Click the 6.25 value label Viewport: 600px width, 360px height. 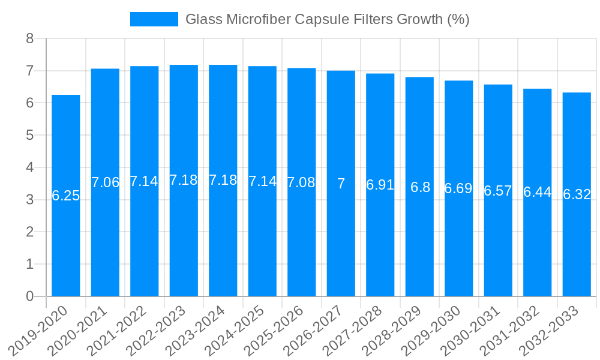pyautogui.click(x=66, y=196)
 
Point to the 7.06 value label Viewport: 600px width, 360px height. pyautogui.click(x=105, y=182)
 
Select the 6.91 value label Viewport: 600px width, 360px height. pyautogui.click(x=380, y=185)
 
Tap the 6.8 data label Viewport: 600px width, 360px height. pyautogui.click(x=420, y=187)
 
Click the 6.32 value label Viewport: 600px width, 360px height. pyautogui.click(x=577, y=194)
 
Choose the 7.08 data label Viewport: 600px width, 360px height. pyautogui.click(x=301, y=182)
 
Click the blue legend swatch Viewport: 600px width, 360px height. pyautogui.click(x=154, y=19)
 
